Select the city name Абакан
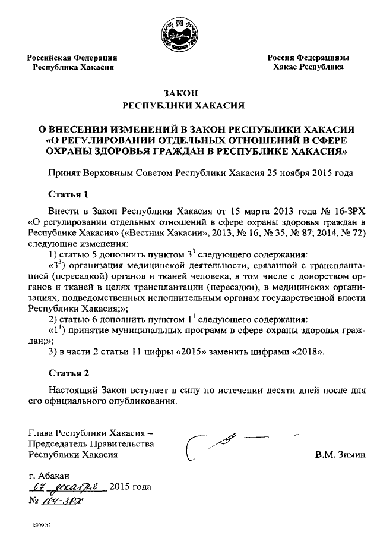pos(55,476)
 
